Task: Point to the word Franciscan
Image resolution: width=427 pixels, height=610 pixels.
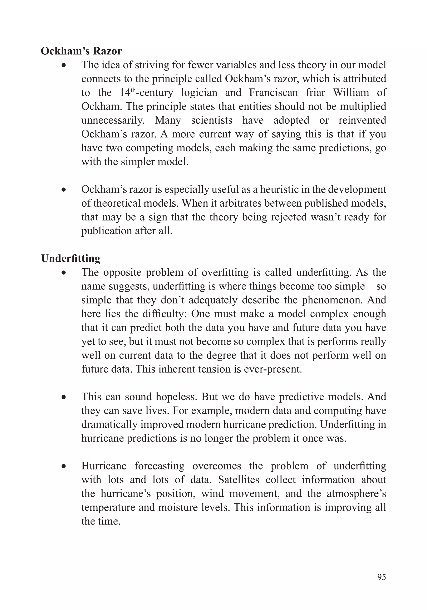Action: [x=273, y=92]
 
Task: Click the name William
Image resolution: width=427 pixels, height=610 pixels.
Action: [x=351, y=92]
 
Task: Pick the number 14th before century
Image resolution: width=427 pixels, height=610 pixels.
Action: [x=128, y=92]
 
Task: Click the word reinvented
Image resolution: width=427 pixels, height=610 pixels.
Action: [x=362, y=120]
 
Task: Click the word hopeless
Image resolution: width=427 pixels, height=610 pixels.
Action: [x=176, y=397]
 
